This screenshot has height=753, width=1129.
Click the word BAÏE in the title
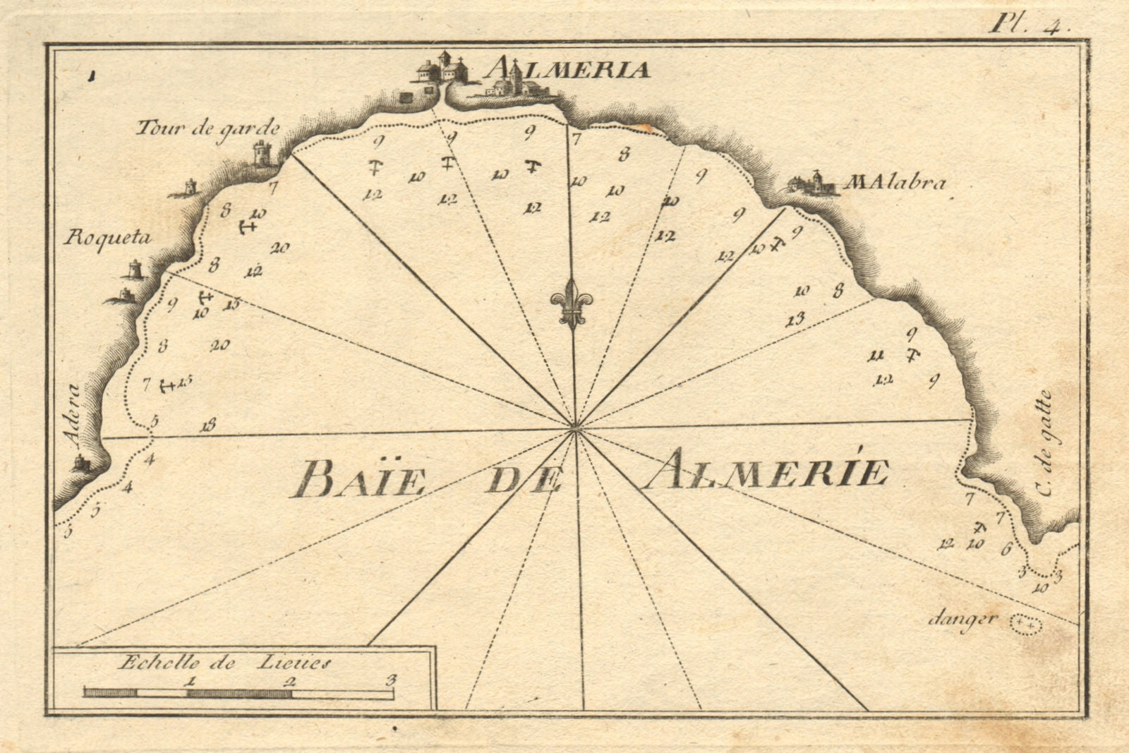click(x=358, y=479)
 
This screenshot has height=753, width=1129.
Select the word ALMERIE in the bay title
click(x=766, y=471)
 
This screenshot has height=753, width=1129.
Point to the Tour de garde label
click(x=207, y=128)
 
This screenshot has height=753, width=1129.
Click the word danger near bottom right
click(x=972, y=620)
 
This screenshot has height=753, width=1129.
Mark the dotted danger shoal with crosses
click(x=1026, y=625)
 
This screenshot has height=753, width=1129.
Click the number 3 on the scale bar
click(x=392, y=680)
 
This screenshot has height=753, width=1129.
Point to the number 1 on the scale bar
click(x=189, y=681)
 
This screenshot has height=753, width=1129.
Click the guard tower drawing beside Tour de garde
click(x=263, y=152)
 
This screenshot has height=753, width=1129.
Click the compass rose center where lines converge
click(x=575, y=427)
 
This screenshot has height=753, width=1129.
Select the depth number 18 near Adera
click(x=207, y=425)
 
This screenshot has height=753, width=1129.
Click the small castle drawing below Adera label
click(x=83, y=464)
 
